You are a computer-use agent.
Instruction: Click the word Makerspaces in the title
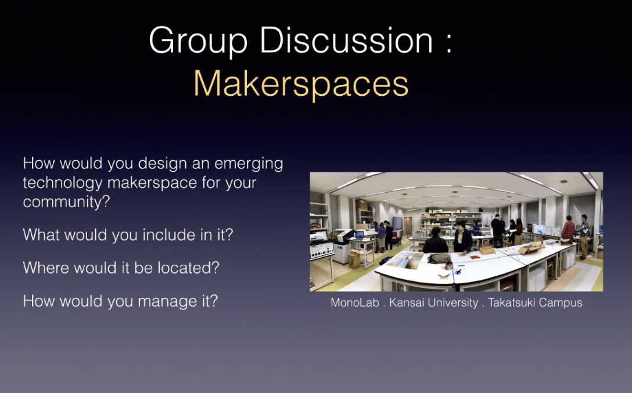301,84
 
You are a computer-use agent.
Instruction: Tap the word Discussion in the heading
347,41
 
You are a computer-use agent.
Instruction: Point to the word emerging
248,164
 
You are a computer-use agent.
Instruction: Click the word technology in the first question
63,183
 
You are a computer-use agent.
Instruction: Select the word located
192,268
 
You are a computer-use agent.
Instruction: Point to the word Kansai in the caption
410,303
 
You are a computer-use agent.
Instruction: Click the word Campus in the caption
561,303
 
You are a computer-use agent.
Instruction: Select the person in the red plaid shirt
568,230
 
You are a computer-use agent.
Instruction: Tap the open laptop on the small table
360,235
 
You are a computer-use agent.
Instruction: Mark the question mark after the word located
222,268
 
